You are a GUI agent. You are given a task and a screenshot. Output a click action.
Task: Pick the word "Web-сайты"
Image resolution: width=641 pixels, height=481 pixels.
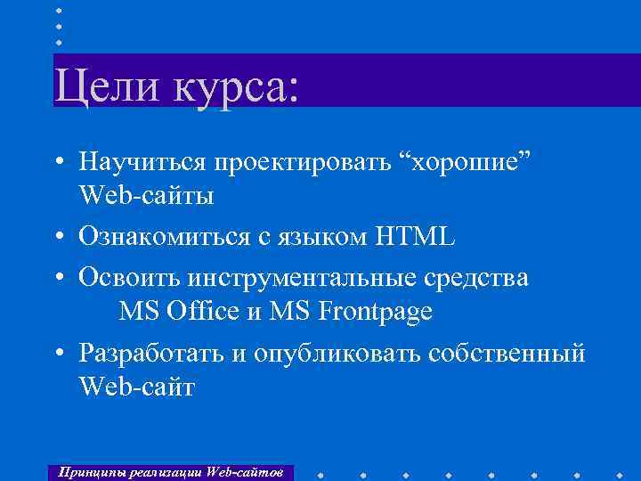pos(146,195)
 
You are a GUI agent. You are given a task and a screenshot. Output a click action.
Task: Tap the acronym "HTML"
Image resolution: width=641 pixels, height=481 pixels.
pos(415,237)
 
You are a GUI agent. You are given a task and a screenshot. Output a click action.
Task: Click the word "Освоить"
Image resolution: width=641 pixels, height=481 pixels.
pos(129,278)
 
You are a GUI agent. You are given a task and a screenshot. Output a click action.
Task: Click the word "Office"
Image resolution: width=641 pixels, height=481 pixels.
pos(206,312)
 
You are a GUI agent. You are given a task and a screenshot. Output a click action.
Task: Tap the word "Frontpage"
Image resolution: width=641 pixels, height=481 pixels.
pos(378,312)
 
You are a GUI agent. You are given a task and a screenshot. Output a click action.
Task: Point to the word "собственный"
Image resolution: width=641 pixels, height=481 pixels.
pos(507,354)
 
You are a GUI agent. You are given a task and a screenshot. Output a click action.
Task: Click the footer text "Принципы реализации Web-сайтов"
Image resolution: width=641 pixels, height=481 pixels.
pos(169,471)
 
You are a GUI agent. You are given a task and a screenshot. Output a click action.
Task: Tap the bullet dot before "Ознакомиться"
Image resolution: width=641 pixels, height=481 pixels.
pos(58,238)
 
